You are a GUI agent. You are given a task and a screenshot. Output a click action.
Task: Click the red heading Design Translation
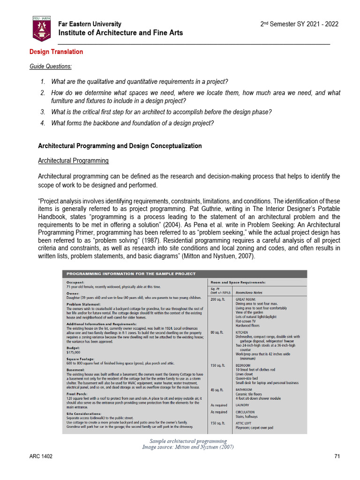tap(56, 52)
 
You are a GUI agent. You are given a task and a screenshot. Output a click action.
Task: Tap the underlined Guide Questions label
tap(51, 66)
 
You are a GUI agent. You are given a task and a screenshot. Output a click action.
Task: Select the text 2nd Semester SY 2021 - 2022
tap(299, 24)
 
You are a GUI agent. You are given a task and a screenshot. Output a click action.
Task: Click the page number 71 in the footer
tap(337, 456)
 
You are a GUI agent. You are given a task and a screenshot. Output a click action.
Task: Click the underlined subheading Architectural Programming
tap(73, 161)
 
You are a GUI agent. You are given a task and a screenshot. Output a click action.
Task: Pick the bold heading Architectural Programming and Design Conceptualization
tap(120, 146)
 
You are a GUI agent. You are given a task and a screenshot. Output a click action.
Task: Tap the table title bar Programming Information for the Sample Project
tap(131, 274)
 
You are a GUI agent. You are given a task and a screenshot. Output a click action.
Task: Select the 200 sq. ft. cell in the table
tap(219, 299)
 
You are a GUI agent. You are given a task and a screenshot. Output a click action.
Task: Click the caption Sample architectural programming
tap(188, 441)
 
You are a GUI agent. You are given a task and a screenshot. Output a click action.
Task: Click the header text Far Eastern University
tap(90, 24)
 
